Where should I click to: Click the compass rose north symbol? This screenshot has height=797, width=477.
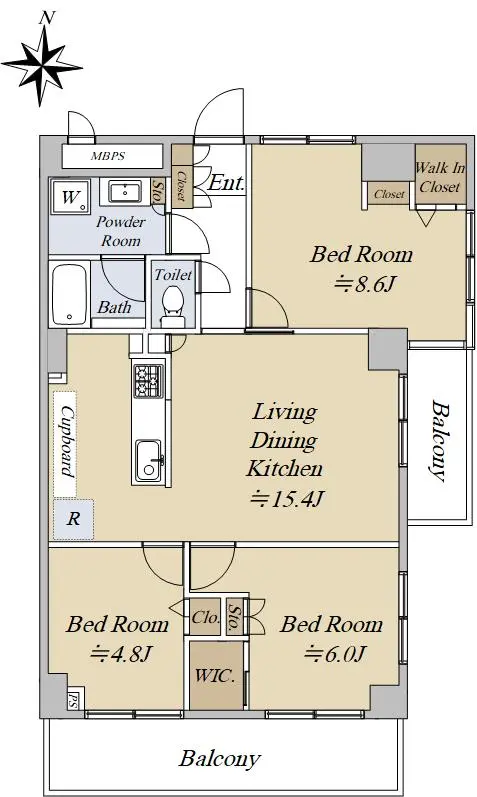[x=43, y=64]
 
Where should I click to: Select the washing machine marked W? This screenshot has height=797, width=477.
[x=70, y=197]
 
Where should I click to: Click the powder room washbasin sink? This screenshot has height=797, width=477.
[x=124, y=192]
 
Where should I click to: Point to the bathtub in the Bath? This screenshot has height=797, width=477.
[x=70, y=294]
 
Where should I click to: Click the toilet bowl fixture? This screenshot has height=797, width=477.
[x=173, y=305]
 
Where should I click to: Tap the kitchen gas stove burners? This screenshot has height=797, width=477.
[x=148, y=381]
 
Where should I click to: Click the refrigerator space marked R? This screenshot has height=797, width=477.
[x=74, y=519]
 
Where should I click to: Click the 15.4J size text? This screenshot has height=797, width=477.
[x=287, y=499]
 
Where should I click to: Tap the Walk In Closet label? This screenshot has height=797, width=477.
[x=440, y=177]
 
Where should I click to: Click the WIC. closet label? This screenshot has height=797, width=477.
[x=216, y=676]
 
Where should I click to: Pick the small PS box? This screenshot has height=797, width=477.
[x=73, y=700]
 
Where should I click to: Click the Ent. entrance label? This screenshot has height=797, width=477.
[x=226, y=183]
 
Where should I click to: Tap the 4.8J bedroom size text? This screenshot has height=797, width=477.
[x=121, y=653]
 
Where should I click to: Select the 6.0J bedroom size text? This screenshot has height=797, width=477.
[x=335, y=653]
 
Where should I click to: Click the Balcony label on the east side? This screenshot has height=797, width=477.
[x=439, y=441]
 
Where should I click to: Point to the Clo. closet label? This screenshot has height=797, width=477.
[x=205, y=617]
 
